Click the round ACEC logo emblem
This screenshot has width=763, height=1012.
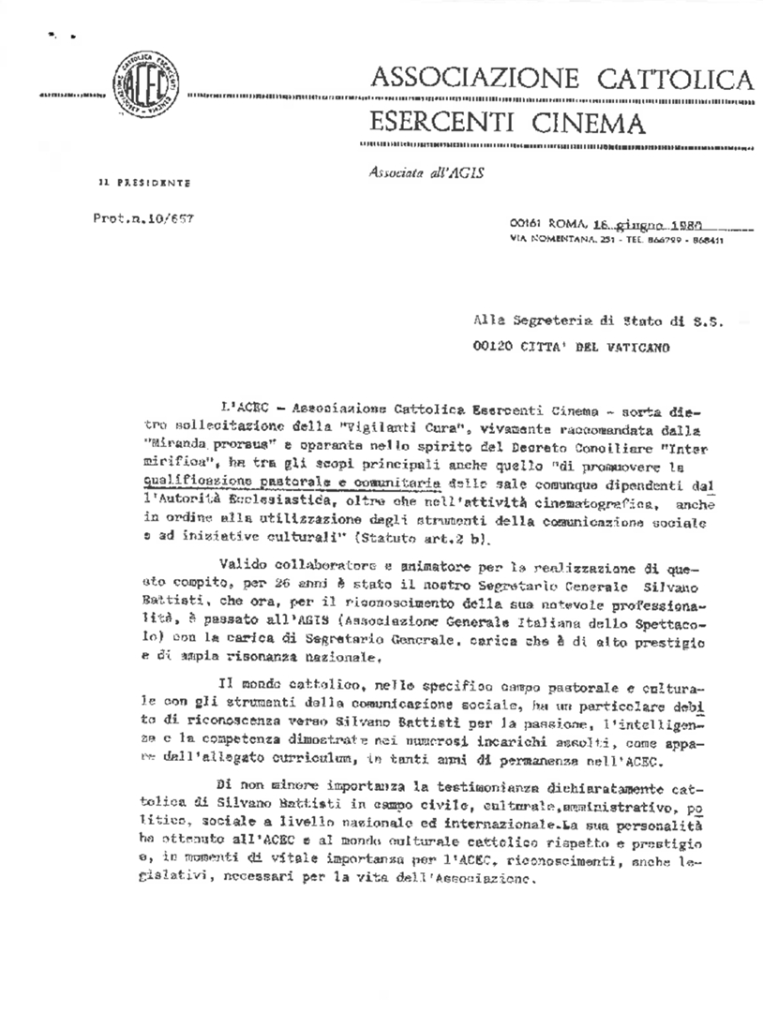[x=147, y=81]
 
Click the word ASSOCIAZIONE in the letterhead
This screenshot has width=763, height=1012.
[x=472, y=78]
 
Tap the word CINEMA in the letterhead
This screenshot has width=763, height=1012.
[x=586, y=123]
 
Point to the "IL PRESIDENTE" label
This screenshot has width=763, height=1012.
[x=145, y=182]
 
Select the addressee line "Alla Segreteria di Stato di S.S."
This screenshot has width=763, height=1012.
[x=598, y=320]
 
